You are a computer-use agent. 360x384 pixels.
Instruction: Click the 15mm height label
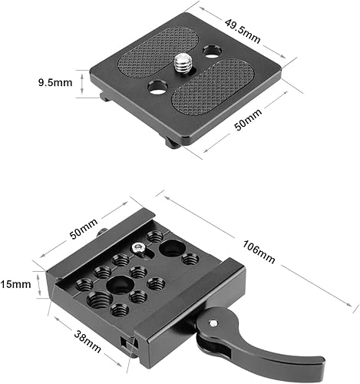[x=16, y=283]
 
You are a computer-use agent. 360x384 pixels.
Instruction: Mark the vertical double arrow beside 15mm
[x=38, y=285]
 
